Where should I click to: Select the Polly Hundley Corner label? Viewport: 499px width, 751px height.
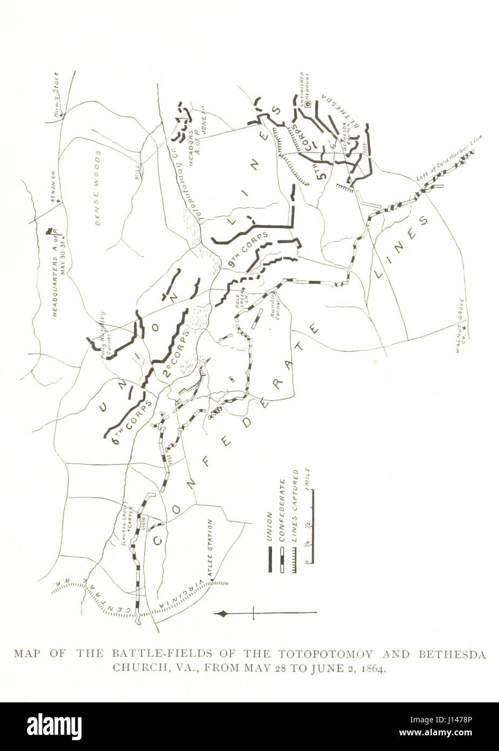point(107,327)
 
